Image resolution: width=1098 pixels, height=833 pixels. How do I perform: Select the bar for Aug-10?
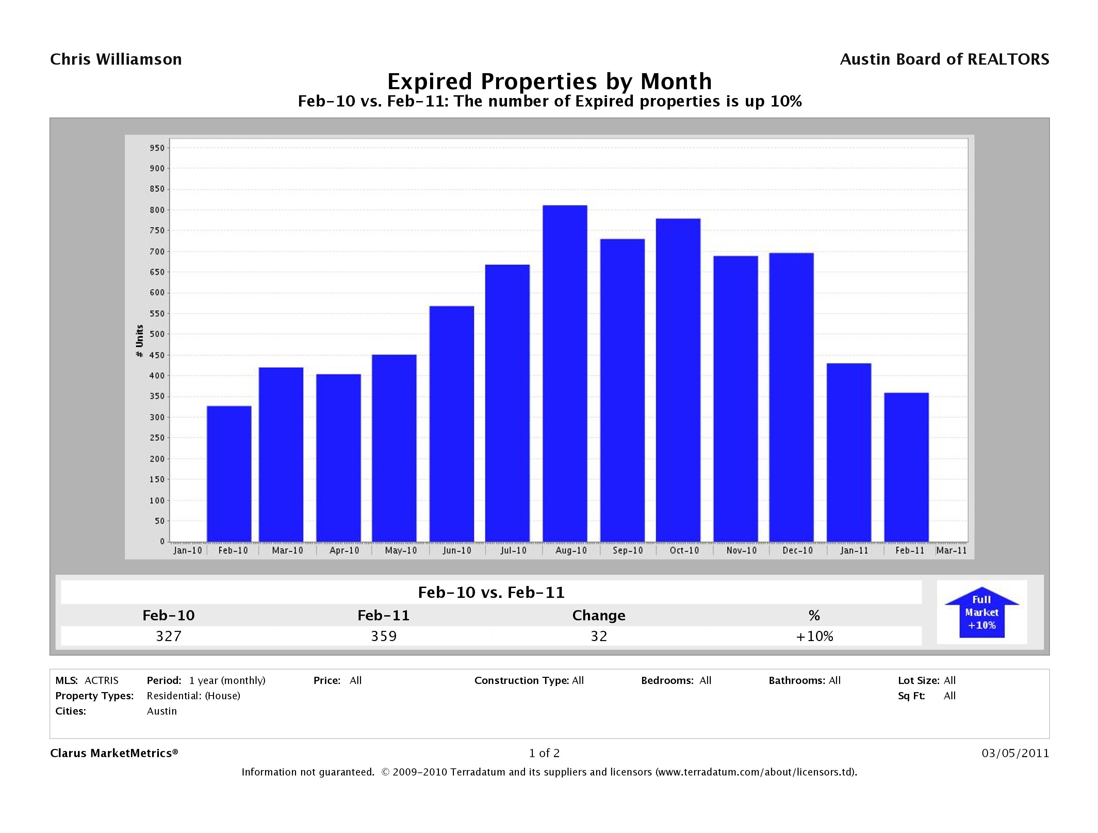coord(565,373)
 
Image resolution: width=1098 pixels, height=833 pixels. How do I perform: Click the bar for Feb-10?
coord(229,474)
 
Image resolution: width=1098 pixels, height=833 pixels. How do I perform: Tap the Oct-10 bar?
coord(678,380)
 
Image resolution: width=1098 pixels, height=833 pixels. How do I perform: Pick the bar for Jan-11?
coord(849,452)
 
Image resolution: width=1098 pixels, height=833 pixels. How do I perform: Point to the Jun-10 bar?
coord(452,423)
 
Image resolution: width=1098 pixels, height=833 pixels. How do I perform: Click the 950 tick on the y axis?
coord(157,148)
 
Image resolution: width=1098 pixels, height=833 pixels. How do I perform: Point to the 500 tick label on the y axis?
coord(157,334)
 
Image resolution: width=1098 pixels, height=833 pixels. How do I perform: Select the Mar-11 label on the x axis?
coord(951,551)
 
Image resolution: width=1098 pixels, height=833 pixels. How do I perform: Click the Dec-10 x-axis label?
coord(797,551)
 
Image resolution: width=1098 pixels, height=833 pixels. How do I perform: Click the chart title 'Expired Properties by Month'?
coord(549,81)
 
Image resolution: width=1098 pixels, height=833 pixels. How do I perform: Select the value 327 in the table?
coord(169,636)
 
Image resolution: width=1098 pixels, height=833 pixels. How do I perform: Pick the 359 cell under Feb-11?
coord(384,636)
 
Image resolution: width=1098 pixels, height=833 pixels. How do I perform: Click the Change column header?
coord(599,616)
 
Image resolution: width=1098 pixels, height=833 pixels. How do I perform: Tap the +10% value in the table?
coord(814,636)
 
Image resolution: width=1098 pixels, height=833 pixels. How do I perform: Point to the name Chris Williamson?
coord(116,60)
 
